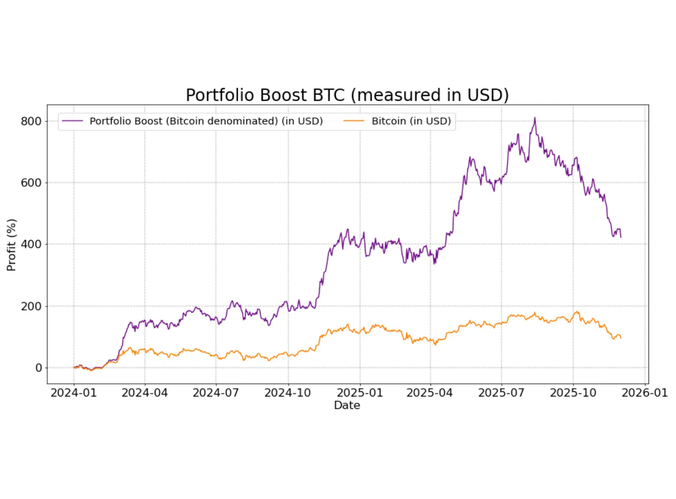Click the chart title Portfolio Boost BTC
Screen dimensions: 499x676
[x=347, y=95]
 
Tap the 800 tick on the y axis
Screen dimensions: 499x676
[x=31, y=121]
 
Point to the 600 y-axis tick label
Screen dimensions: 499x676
[x=31, y=183]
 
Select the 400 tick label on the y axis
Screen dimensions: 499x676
[x=31, y=244]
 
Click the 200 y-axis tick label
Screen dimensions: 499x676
[x=31, y=306]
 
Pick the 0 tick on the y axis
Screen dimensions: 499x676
[x=39, y=368]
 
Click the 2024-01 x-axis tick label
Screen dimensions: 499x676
[x=74, y=393]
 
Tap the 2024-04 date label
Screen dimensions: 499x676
[x=145, y=393]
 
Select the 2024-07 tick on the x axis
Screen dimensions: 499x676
[x=216, y=393]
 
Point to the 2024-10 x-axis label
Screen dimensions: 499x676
[x=287, y=393]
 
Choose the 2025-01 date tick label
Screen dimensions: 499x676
[x=360, y=393]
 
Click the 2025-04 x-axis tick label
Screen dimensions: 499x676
[x=430, y=393]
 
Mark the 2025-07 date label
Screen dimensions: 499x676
[x=501, y=393]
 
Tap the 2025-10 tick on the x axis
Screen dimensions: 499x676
[x=573, y=393]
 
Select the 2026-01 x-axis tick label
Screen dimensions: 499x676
[x=645, y=393]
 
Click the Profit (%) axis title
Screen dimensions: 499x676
[x=12, y=245]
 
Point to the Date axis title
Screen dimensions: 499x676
[x=347, y=405]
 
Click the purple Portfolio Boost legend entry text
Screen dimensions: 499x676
[x=206, y=121]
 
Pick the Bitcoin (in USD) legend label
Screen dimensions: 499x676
[x=411, y=121]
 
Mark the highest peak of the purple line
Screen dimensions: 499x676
[x=535, y=118]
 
